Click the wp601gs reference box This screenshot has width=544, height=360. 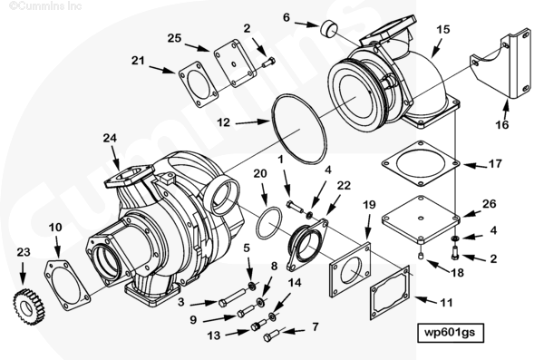point(450,333)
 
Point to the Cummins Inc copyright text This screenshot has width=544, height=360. point(45,6)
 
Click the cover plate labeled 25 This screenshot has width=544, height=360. point(235,63)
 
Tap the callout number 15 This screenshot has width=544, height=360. point(442,30)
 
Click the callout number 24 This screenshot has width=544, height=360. point(110,138)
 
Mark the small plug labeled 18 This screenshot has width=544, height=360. point(422,257)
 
